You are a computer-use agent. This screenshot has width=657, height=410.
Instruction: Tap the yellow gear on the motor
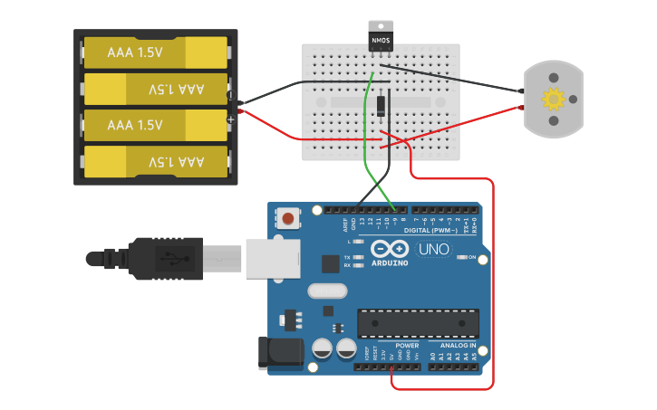click(x=553, y=99)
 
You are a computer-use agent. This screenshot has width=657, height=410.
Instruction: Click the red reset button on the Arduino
click(x=288, y=218)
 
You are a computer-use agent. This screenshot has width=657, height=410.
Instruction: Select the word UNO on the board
click(x=434, y=249)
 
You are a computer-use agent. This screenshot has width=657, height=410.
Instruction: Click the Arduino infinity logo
click(x=389, y=250)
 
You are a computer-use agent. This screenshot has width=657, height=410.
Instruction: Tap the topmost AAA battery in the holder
click(x=155, y=52)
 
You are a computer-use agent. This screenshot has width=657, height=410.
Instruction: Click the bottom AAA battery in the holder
click(x=155, y=162)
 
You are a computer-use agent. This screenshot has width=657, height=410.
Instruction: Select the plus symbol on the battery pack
click(x=231, y=119)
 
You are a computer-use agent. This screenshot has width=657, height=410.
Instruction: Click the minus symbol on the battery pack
click(x=230, y=95)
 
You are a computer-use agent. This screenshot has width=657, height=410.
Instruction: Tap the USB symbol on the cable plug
click(x=168, y=258)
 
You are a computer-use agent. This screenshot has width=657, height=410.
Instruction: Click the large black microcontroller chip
click(x=418, y=323)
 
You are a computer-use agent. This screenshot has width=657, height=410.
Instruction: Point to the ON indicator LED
click(x=462, y=258)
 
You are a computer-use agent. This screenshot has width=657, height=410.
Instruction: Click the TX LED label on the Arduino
click(x=348, y=258)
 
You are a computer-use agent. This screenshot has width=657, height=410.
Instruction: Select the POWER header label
click(x=408, y=345)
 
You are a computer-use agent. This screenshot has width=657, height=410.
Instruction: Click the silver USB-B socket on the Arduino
click(x=272, y=259)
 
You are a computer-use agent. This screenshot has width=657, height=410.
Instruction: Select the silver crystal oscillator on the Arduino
click(x=327, y=291)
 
